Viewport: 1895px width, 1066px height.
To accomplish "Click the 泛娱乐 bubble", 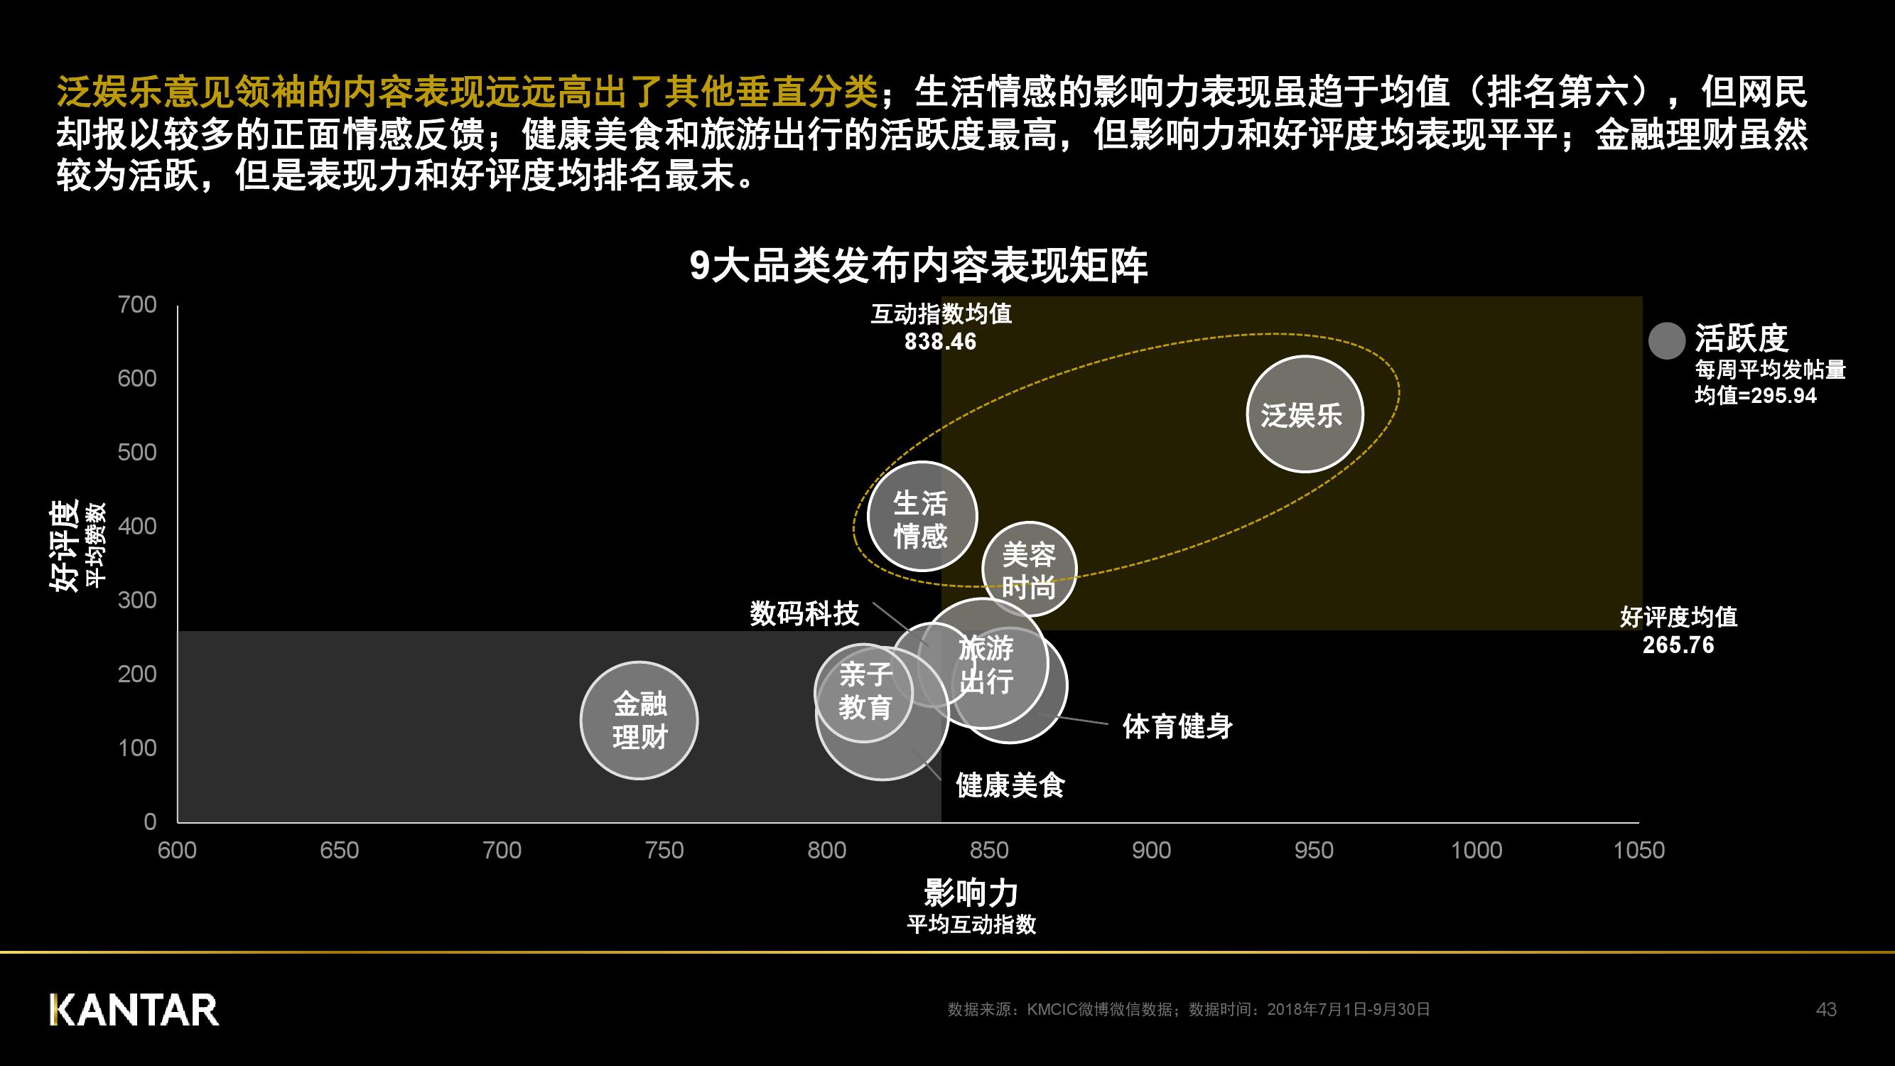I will click(1305, 414).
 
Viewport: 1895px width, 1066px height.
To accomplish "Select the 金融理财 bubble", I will click(639, 720).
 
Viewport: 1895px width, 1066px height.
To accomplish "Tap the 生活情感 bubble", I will click(921, 517).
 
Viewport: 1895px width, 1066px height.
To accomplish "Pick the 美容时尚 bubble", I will click(1028, 569).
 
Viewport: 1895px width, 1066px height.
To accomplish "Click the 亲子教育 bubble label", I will click(865, 691).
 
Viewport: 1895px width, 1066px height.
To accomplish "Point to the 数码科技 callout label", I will click(804, 613).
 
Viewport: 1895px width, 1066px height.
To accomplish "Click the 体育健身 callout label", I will click(1177, 726).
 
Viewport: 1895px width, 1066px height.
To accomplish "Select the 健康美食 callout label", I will click(1010, 785).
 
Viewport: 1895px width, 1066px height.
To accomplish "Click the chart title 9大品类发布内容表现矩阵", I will click(918, 266).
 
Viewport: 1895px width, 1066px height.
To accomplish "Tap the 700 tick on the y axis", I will click(138, 305).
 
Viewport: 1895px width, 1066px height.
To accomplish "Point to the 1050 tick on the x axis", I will click(1638, 851).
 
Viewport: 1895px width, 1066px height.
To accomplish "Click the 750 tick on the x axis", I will click(664, 851).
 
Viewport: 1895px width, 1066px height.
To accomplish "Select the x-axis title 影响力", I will click(971, 893).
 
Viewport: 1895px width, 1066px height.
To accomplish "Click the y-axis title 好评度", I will click(64, 546).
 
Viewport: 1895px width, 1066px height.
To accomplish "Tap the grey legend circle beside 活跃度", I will click(1666, 340).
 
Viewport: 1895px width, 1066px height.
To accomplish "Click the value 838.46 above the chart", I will click(940, 342).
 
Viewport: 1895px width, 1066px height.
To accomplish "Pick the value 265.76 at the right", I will click(1678, 645).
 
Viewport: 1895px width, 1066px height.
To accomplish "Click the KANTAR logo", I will click(134, 1009).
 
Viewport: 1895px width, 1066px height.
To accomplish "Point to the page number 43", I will click(1826, 1009).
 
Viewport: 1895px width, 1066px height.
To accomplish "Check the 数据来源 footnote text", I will click(1188, 1009).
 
